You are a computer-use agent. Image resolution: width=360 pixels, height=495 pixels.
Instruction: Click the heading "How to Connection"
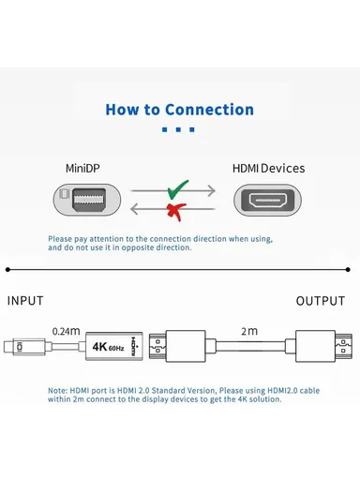tap(179, 110)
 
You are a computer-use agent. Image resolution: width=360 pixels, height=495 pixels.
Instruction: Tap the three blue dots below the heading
tap(179, 130)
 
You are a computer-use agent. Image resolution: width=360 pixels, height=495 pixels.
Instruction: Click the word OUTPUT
tap(321, 301)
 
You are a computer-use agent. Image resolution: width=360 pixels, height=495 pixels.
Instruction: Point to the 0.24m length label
tap(66, 330)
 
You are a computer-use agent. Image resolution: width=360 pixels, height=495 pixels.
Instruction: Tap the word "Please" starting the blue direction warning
tap(62, 239)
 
